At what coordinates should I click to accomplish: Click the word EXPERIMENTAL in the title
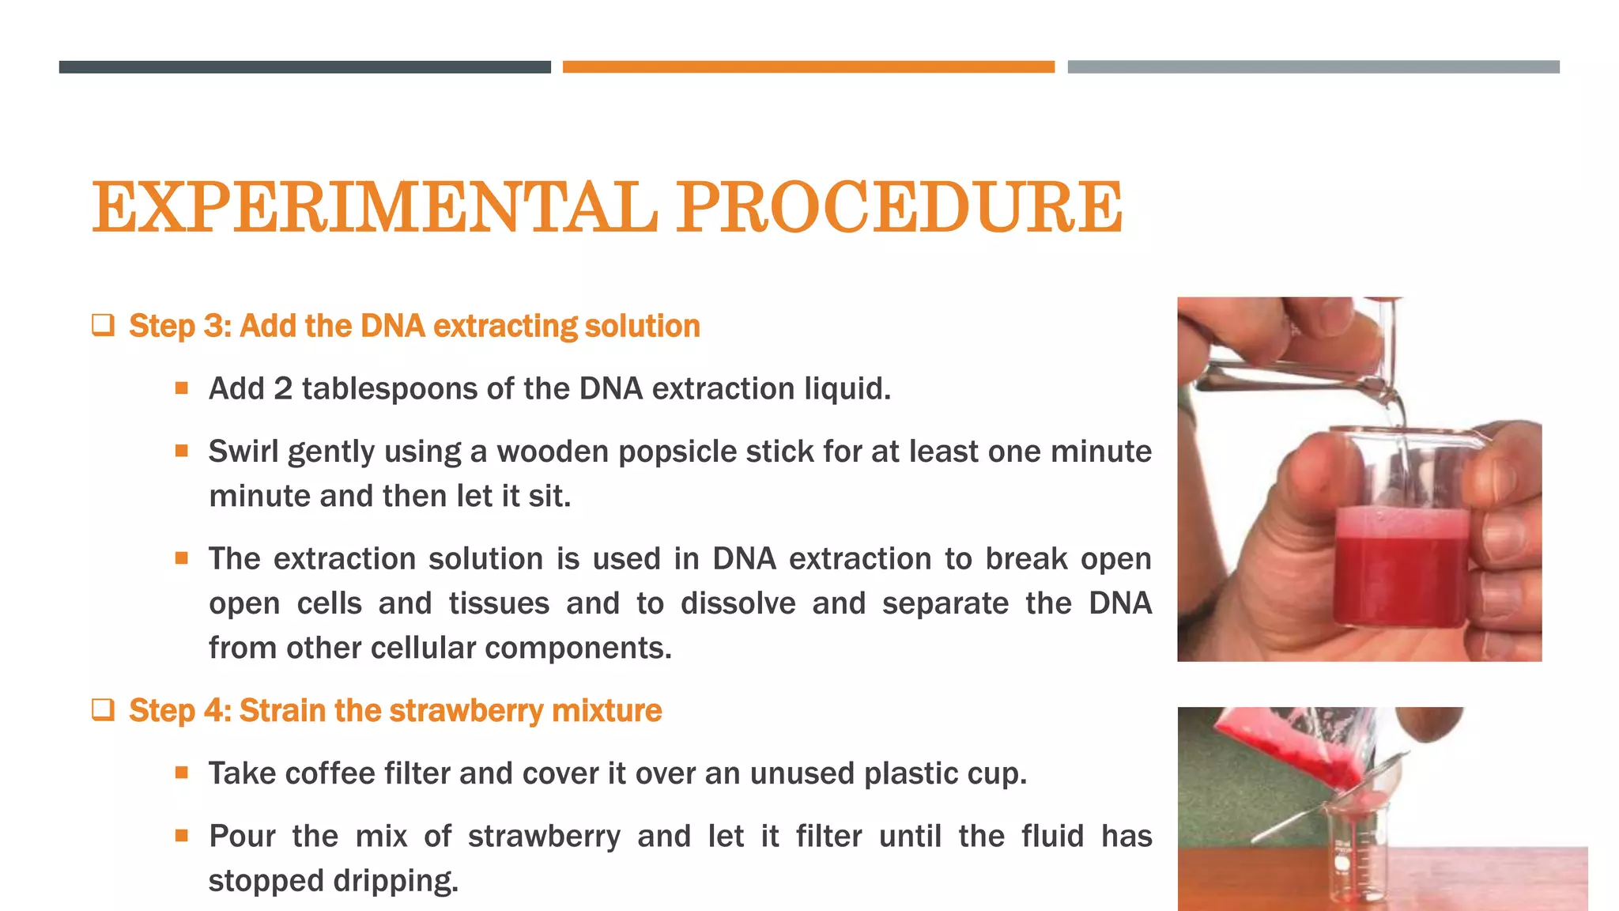pyautogui.click(x=374, y=207)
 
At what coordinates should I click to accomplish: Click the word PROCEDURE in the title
pyautogui.click(x=899, y=207)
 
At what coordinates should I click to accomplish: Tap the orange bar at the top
pyautogui.click(x=808, y=67)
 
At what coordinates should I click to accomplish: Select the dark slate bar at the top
pyautogui.click(x=304, y=67)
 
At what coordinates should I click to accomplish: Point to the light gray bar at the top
pyautogui.click(x=1313, y=67)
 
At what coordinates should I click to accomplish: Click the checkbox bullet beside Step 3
pyautogui.click(x=103, y=325)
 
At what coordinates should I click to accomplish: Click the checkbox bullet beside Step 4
pyautogui.click(x=103, y=709)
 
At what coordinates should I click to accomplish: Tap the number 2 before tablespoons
pyautogui.click(x=283, y=389)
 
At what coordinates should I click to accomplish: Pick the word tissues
pyautogui.click(x=499, y=603)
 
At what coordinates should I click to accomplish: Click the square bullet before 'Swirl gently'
pyautogui.click(x=182, y=452)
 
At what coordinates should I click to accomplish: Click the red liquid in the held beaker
pyautogui.click(x=1399, y=577)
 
